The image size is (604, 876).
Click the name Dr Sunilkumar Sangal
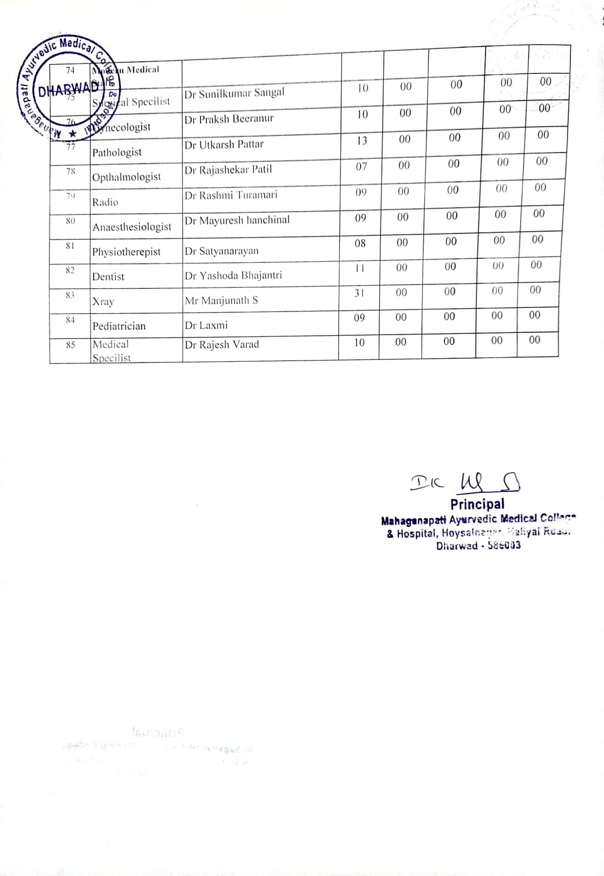[x=234, y=93]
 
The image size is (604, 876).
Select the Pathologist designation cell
[x=117, y=152]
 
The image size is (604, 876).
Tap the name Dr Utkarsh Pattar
[x=224, y=144]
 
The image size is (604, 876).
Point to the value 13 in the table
[x=362, y=140]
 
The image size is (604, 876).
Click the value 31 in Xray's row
[x=360, y=293]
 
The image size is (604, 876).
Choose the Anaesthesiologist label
[x=132, y=227]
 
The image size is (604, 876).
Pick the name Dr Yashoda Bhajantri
[x=234, y=275]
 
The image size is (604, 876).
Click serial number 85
[x=70, y=346]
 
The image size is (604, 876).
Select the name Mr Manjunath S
[x=221, y=300]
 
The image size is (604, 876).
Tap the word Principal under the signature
[x=477, y=504]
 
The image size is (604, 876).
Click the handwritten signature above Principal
[x=465, y=481]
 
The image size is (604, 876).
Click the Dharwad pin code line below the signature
[x=478, y=545]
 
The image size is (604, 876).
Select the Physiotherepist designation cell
[x=127, y=252]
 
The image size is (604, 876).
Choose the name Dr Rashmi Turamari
[x=231, y=195]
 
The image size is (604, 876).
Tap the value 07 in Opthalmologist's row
[x=361, y=166]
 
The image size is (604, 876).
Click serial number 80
[x=70, y=220]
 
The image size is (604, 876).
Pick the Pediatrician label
[x=119, y=326]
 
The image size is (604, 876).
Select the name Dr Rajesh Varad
[x=222, y=344]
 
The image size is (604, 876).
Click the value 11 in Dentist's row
[x=360, y=268]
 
